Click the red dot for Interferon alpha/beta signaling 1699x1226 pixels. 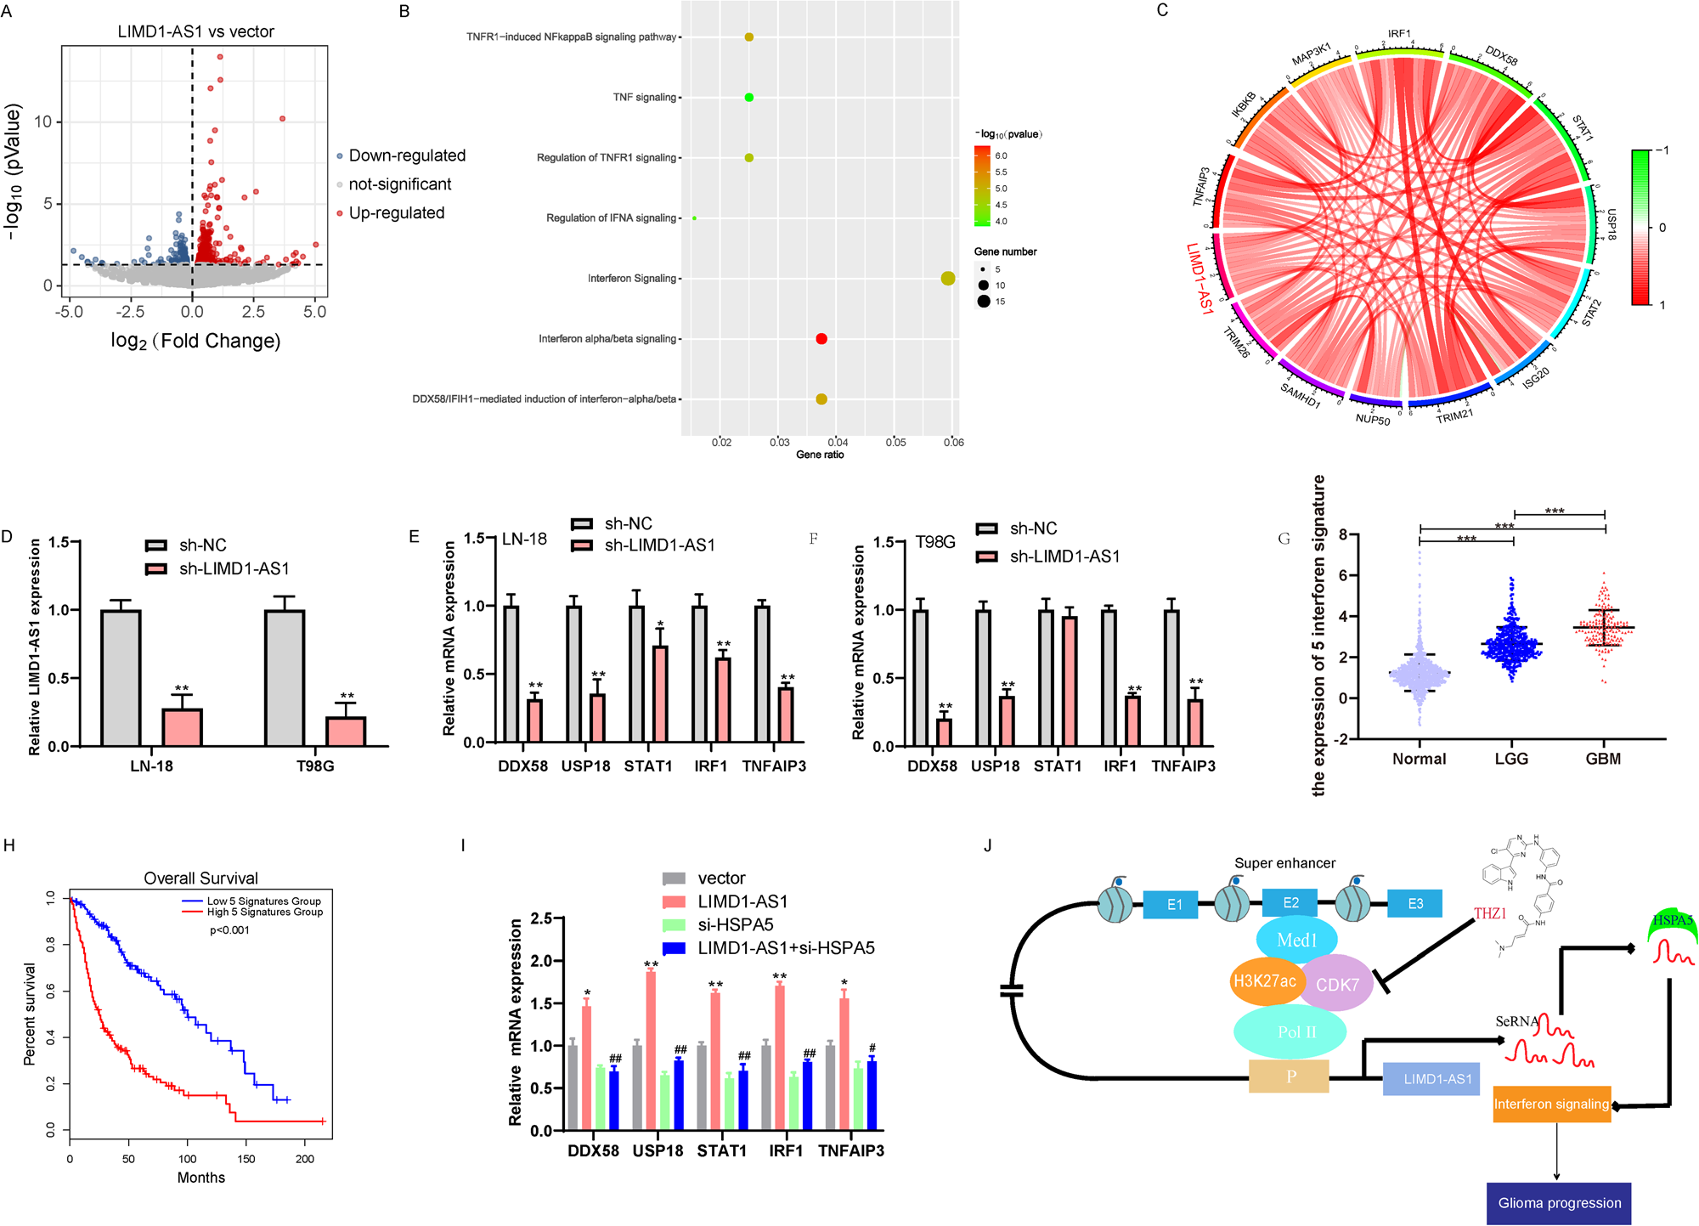821,339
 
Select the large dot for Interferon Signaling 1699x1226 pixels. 948,279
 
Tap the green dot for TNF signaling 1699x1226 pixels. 749,98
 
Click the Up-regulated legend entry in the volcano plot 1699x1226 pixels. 396,213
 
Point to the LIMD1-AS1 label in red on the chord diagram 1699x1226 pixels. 1199,279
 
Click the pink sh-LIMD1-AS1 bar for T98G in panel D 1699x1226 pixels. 346,732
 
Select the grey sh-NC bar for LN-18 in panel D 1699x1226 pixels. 121,678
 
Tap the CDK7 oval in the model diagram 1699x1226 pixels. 1337,985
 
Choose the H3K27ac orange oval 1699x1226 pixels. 1264,981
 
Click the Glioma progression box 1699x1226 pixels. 1559,1203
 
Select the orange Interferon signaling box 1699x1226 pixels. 1551,1105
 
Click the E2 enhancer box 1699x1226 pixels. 1290,903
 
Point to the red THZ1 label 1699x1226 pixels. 1490,913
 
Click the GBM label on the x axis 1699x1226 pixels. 1603,759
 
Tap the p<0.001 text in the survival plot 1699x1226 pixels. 229,930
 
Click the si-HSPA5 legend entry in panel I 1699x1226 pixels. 735,924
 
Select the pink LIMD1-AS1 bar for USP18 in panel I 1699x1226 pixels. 651,1050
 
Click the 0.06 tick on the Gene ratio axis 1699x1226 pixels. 954,442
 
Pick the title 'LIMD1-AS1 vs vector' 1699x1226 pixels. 195,32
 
